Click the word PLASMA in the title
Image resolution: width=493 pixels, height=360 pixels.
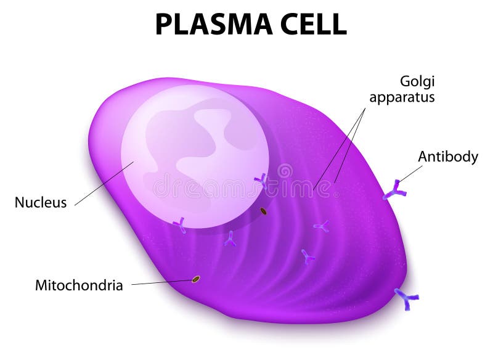[x=214, y=25]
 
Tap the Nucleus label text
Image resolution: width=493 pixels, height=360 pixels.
[x=41, y=202]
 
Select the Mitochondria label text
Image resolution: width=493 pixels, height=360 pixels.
[x=79, y=285]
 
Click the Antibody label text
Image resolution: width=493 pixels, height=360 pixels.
[x=448, y=157]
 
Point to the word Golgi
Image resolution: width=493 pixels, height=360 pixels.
[x=417, y=82]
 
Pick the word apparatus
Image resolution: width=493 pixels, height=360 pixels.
[x=402, y=97]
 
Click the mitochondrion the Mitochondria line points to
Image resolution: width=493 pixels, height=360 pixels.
[x=196, y=279]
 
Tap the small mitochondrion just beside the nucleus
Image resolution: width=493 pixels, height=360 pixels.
[x=264, y=211]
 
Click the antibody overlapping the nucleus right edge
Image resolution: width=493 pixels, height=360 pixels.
[x=261, y=181]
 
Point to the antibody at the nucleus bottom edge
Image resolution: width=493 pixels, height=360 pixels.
[x=180, y=224]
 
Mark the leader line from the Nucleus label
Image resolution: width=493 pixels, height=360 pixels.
[x=104, y=184]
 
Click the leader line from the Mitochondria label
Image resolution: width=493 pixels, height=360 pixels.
[x=162, y=282]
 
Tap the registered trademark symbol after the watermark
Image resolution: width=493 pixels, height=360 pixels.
[x=336, y=195]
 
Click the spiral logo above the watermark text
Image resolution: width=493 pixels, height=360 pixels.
[x=285, y=171]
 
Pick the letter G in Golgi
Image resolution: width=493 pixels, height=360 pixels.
[x=405, y=81]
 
